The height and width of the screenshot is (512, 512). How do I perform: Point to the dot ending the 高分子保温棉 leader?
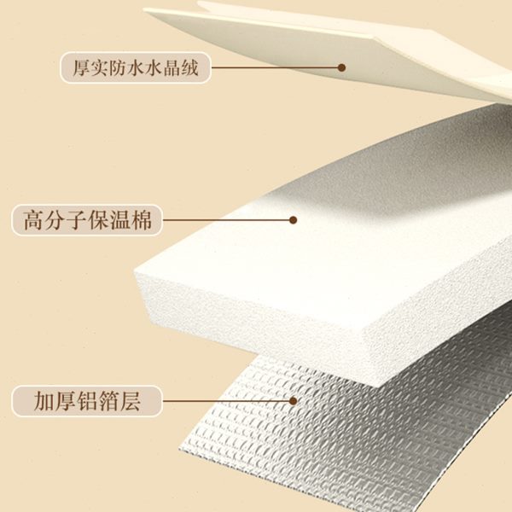[294, 219]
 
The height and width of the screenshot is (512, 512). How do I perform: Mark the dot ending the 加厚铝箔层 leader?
[294, 399]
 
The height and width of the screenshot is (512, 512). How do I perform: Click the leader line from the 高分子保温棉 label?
[226, 220]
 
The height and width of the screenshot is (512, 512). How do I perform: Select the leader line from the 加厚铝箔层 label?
[226, 399]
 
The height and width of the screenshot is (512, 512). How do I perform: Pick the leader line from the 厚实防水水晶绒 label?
[273, 67]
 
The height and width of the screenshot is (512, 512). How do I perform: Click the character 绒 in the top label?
[189, 67]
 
